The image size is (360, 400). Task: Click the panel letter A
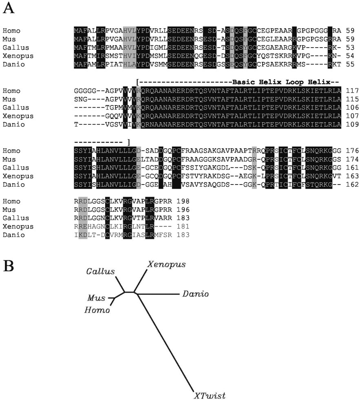point(9,9)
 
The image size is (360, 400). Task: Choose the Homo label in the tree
point(97,310)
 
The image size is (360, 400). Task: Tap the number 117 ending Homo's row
point(351,91)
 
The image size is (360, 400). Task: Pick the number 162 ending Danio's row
point(351,185)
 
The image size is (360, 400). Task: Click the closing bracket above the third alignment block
point(128,142)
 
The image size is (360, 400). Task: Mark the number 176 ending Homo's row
point(351,151)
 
